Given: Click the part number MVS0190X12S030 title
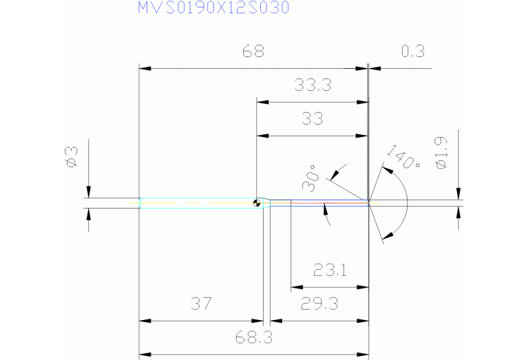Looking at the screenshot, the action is [x=213, y=8].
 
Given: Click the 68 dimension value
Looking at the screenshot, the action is [x=253, y=52].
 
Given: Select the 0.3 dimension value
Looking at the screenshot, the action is [x=412, y=52].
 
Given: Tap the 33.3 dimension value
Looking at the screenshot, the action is [x=313, y=85].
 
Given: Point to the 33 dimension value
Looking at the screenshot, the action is [x=313, y=118].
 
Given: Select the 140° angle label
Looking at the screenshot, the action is [x=403, y=157].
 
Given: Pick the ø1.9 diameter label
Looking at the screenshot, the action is [x=441, y=154].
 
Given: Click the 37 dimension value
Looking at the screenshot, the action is [x=200, y=304].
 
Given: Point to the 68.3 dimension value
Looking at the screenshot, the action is [x=254, y=338].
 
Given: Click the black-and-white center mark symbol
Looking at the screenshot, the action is [x=257, y=202].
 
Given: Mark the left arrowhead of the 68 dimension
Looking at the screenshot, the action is [x=144, y=69].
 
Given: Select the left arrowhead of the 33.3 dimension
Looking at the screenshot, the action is [x=260, y=103].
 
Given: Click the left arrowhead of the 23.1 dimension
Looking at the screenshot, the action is [x=296, y=286].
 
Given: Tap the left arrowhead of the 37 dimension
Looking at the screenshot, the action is [x=144, y=321].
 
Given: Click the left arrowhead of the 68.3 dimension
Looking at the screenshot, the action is [x=144, y=354].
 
